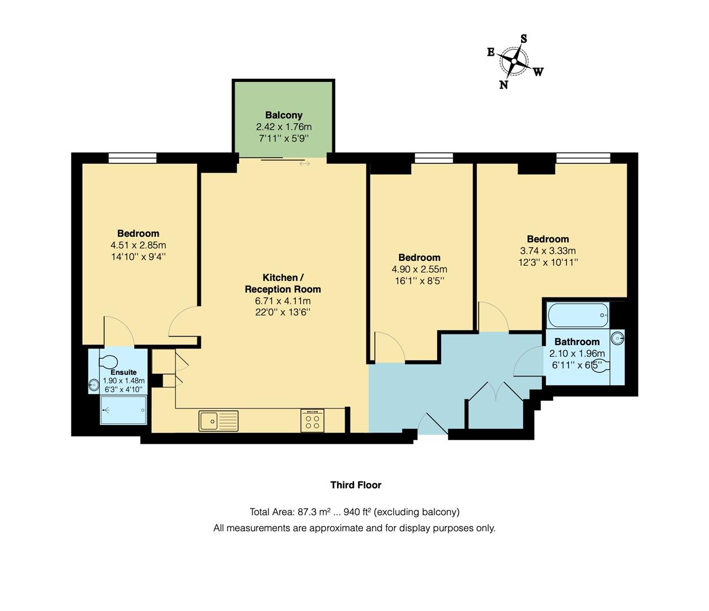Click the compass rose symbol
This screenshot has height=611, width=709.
click(514, 61)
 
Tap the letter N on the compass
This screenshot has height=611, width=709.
click(503, 85)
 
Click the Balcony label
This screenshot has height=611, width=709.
click(284, 115)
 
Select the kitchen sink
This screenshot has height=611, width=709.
click(219, 421)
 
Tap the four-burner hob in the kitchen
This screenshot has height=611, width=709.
click(313, 421)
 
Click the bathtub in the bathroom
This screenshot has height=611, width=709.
click(578, 315)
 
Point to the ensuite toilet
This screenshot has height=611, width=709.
click(108, 361)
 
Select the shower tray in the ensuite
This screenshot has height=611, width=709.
click(123, 410)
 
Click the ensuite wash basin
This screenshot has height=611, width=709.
click(94, 386)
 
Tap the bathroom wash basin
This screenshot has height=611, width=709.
click(618, 339)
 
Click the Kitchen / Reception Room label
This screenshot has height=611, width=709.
click(283, 283)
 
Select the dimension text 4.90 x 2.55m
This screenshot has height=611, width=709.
click(419, 269)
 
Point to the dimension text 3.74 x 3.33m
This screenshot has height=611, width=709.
click(548, 251)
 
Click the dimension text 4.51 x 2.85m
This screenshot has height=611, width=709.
click(138, 245)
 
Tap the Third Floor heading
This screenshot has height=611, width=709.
click(356, 485)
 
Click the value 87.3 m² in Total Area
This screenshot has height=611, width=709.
click(314, 512)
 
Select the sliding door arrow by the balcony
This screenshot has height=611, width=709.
click(305, 163)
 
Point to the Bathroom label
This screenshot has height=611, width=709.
click(576, 342)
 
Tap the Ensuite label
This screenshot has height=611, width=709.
click(123, 372)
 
